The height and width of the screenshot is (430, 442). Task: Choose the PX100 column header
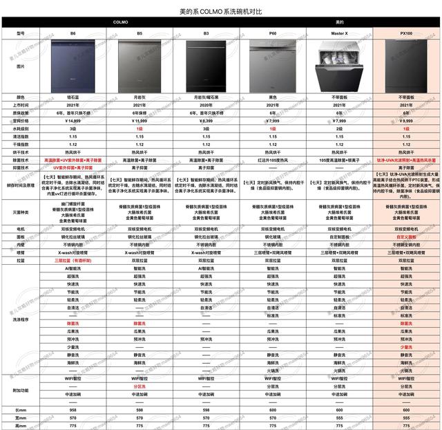[x=407, y=32]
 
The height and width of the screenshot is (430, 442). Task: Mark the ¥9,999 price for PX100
[x=407, y=120]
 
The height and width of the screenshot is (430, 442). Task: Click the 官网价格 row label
[x=20, y=120]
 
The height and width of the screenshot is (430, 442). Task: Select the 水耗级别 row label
[x=20, y=129]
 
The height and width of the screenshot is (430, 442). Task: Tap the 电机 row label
[x=20, y=227]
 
